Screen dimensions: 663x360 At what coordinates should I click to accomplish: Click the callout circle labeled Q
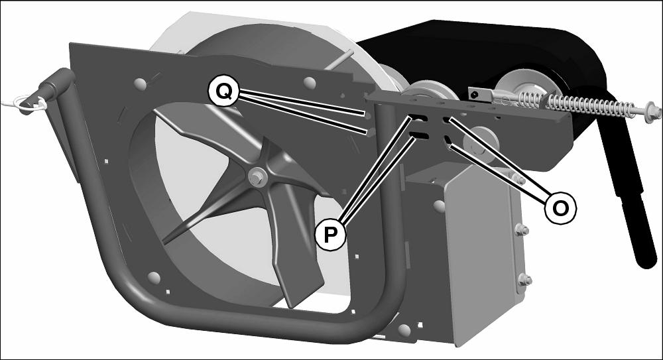pyautogui.click(x=223, y=91)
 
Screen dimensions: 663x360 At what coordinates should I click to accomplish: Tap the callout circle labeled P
pyautogui.click(x=330, y=234)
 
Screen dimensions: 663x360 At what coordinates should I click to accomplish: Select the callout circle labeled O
pyautogui.click(x=560, y=208)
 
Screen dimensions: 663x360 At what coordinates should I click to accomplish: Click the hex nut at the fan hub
pyautogui.click(x=255, y=176)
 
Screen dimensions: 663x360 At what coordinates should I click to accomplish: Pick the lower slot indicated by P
pyautogui.click(x=420, y=135)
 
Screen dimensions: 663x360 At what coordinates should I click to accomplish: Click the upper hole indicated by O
pyautogui.click(x=446, y=121)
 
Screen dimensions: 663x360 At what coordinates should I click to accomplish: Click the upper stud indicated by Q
pyautogui.click(x=367, y=115)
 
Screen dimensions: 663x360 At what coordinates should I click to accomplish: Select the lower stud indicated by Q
pyautogui.click(x=369, y=133)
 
